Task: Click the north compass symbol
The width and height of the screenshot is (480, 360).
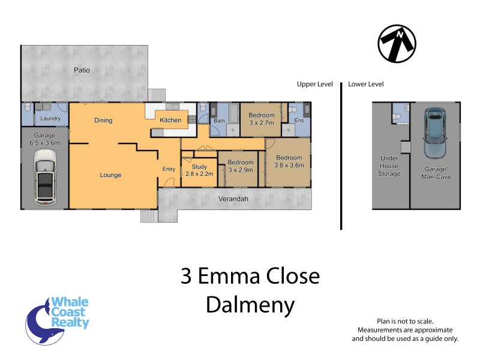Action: pyautogui.click(x=397, y=44)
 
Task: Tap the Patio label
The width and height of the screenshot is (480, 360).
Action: pyautogui.click(x=82, y=70)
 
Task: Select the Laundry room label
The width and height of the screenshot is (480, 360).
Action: pyautogui.click(x=50, y=119)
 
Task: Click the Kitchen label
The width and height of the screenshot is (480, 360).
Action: pyautogui.click(x=170, y=121)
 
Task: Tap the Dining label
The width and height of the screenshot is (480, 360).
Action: pyautogui.click(x=103, y=121)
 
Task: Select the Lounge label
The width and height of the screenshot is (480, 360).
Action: pyautogui.click(x=111, y=175)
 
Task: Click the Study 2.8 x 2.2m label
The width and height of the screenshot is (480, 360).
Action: pyautogui.click(x=199, y=170)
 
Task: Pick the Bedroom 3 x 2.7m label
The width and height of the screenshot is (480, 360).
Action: pyautogui.click(x=262, y=119)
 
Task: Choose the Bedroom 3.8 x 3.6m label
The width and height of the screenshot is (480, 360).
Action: pyautogui.click(x=289, y=161)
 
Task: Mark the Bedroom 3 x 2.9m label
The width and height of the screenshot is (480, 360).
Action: pyautogui.click(x=240, y=166)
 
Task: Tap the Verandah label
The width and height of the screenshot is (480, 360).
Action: pyautogui.click(x=234, y=199)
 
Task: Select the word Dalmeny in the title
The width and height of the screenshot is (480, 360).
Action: pyautogui.click(x=250, y=305)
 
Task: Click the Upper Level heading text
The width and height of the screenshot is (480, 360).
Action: pyautogui.click(x=314, y=85)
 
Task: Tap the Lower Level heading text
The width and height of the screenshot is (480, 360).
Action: pyautogui.click(x=365, y=85)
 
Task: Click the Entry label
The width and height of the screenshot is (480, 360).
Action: pyautogui.click(x=169, y=169)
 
